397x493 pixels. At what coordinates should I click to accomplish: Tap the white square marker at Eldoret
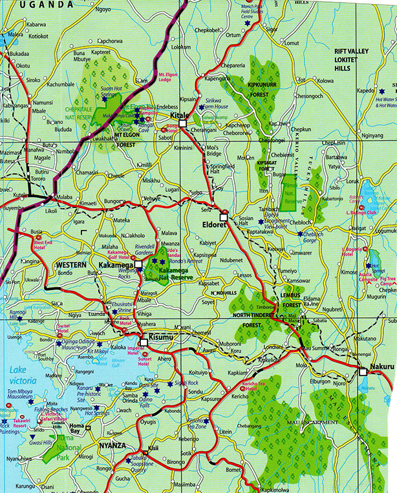224,214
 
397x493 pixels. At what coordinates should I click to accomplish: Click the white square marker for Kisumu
144,343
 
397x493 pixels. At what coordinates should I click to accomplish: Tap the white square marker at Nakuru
363,372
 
